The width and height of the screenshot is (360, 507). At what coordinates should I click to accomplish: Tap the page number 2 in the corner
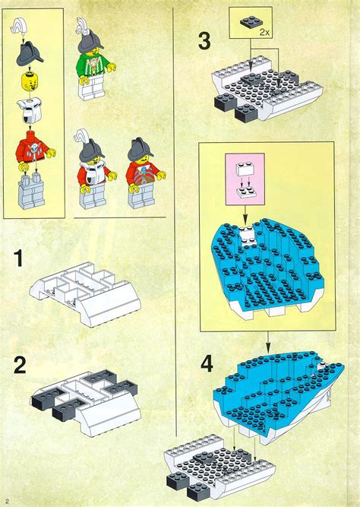(7, 500)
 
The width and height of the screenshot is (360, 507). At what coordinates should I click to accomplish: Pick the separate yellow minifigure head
(32, 80)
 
